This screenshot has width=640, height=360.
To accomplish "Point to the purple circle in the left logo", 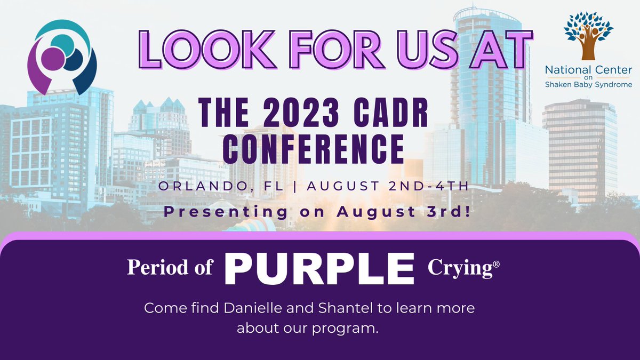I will (x=53, y=60).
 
